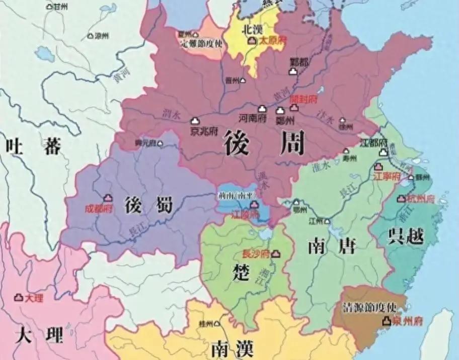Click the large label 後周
click(264, 142)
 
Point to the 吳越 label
click(406, 236)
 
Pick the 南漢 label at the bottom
click(232, 348)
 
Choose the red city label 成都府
click(99, 209)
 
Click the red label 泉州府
click(407, 321)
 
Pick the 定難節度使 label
click(201, 43)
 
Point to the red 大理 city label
click(34, 299)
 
